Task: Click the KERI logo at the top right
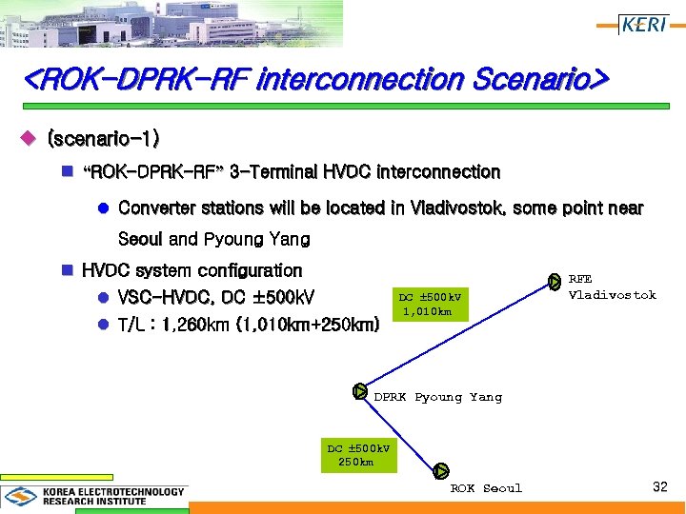644,24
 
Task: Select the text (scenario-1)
103,139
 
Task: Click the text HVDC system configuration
192,271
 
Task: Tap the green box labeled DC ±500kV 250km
357,455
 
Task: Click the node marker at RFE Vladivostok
555,281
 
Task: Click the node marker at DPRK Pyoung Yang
359,390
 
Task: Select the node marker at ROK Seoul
440,470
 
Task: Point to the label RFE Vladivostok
612,287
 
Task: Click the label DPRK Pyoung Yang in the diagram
437,397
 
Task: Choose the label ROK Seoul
486,488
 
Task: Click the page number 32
659,487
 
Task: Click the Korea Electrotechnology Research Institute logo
94,496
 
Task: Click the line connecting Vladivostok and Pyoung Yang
457,335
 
